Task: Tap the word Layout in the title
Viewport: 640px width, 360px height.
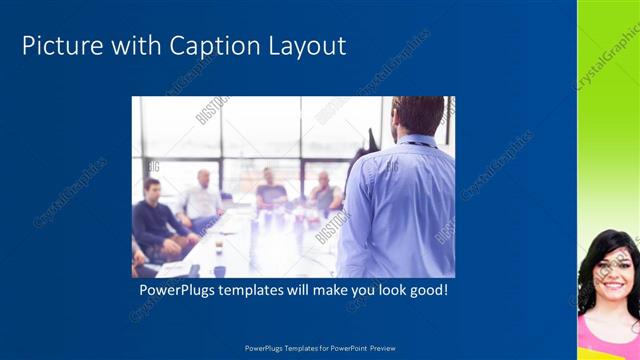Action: pos(308,45)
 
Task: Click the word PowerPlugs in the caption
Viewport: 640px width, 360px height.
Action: pos(180,290)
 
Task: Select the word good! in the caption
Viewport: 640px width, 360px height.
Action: pos(425,290)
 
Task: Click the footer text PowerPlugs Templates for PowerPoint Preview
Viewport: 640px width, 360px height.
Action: pos(320,348)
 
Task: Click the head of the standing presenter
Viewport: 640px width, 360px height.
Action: pos(417,116)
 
